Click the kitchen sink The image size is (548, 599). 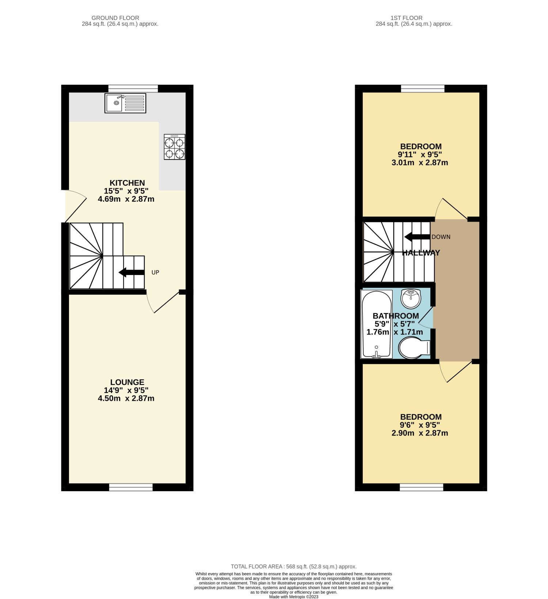pyautogui.click(x=125, y=103)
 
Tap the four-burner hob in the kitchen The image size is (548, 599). pyautogui.click(x=175, y=147)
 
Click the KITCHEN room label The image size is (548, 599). pyautogui.click(x=127, y=183)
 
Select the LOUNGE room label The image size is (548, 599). pyautogui.click(x=127, y=382)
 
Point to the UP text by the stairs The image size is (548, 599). pyautogui.click(x=155, y=272)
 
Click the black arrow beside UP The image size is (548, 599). pyautogui.click(x=132, y=272)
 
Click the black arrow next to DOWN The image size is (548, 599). pyautogui.click(x=417, y=237)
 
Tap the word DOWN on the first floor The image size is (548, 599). pyautogui.click(x=441, y=237)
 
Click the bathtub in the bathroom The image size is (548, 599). pyautogui.click(x=376, y=324)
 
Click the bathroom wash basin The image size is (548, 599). pyautogui.click(x=411, y=298)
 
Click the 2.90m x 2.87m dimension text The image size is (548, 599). pyautogui.click(x=420, y=434)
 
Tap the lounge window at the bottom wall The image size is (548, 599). pyautogui.click(x=131, y=487)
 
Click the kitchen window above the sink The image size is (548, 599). pyautogui.click(x=133, y=88)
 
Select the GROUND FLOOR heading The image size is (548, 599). pyautogui.click(x=115, y=18)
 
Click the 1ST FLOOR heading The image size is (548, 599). pyautogui.click(x=406, y=18)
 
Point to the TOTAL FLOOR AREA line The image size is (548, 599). pyautogui.click(x=294, y=566)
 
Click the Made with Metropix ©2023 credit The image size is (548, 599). pyautogui.click(x=294, y=597)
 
